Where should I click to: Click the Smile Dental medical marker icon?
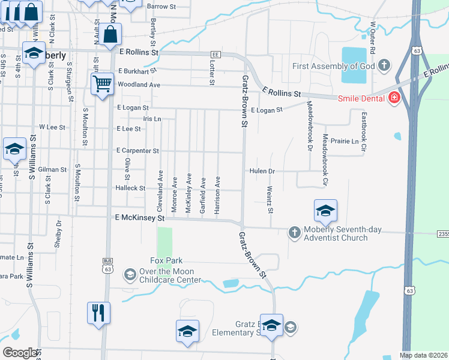[394, 98]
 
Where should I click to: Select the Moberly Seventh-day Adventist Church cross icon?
[294, 232]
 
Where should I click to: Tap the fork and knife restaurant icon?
[98, 313]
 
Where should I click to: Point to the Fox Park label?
[166, 260]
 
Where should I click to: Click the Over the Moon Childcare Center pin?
[130, 275]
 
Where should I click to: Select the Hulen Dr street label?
[262, 171]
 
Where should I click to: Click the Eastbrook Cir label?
[364, 130]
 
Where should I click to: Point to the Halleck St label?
[130, 188]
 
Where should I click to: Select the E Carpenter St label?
[137, 151]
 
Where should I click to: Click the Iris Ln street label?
[152, 119]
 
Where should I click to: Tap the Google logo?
[20, 353]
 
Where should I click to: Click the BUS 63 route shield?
[108, 265]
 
